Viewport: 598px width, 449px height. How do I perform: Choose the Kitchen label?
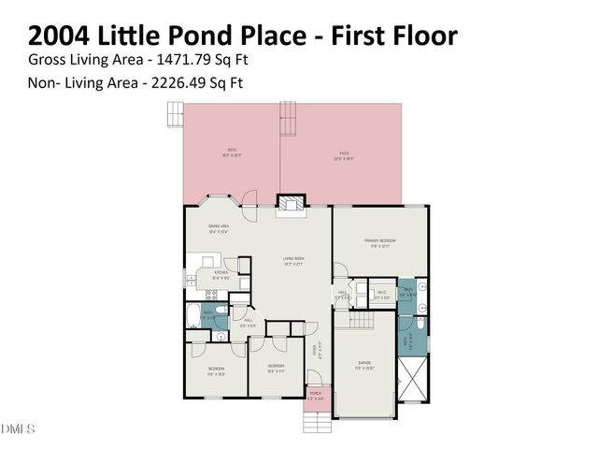[x=221, y=273]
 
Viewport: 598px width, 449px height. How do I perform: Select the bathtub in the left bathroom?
[x=193, y=313]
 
